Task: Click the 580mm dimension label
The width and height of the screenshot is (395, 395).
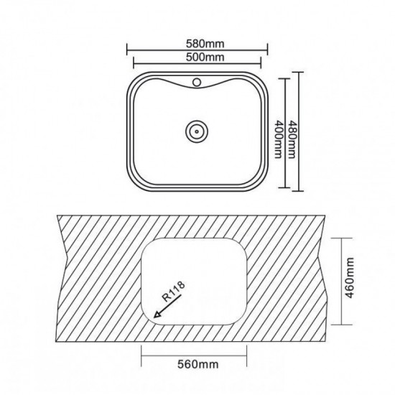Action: click(205, 44)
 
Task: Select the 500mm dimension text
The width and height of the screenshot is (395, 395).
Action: click(205, 57)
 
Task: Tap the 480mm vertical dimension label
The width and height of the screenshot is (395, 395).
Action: click(292, 139)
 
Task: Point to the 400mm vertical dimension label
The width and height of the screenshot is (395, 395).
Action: click(278, 139)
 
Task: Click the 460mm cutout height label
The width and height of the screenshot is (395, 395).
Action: click(350, 278)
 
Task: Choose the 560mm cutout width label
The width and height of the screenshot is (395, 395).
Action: click(198, 364)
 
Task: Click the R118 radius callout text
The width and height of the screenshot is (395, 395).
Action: click(173, 291)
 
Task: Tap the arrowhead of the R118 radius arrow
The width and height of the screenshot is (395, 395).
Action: click(157, 314)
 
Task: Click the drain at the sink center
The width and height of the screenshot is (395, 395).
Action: click(197, 131)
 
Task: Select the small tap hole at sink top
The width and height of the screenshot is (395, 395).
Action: click(197, 82)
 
